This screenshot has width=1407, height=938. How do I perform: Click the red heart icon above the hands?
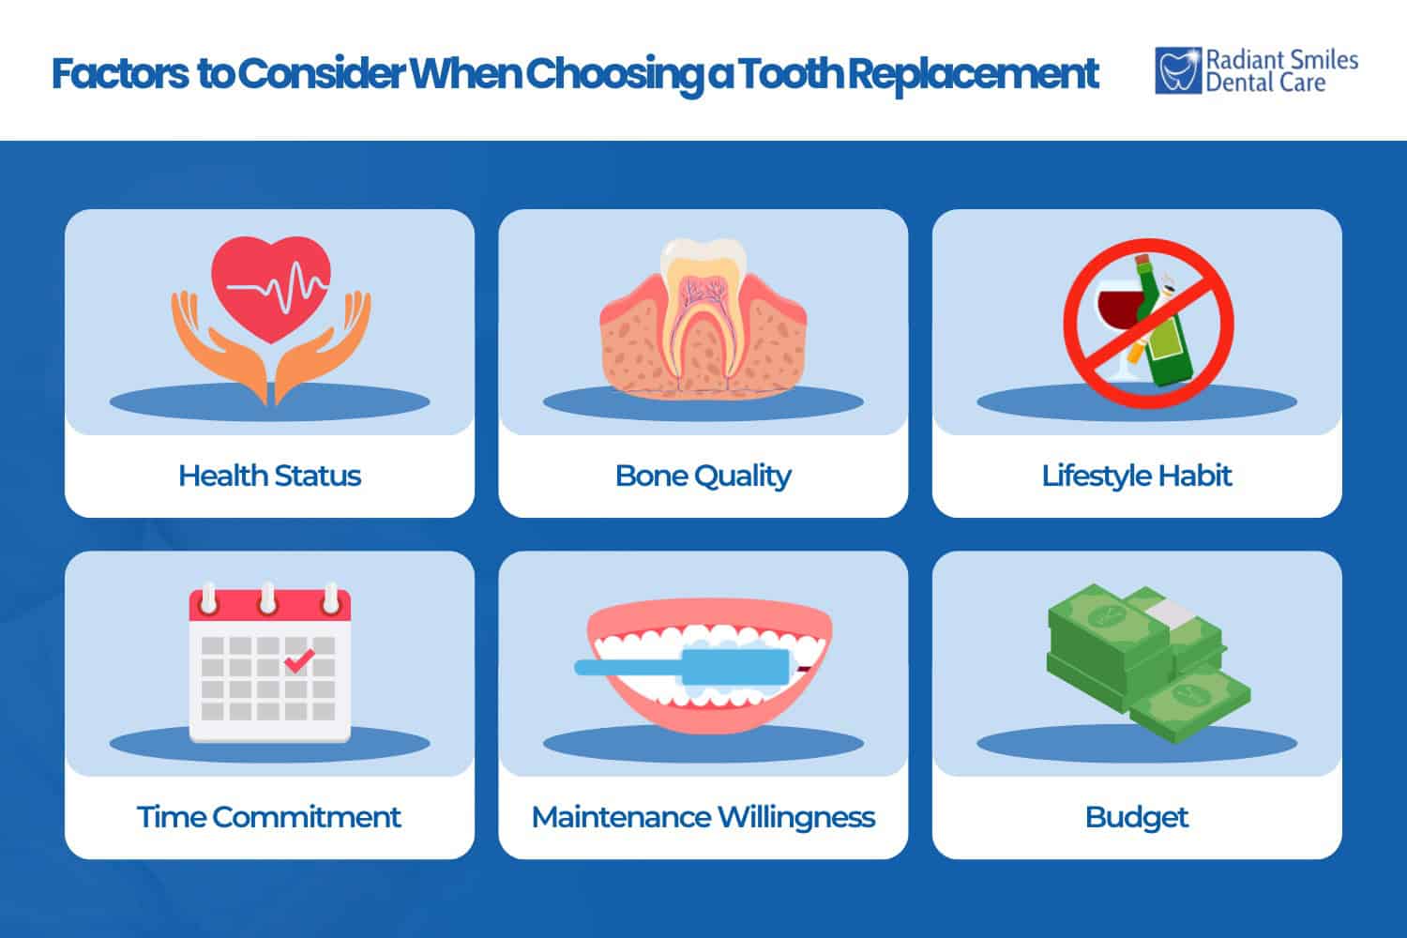click(270, 286)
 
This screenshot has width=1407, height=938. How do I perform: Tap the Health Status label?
click(269, 476)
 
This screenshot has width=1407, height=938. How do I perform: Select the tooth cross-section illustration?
click(703, 314)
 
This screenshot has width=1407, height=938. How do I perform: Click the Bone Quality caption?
click(703, 476)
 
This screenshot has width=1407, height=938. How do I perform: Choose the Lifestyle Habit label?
click(1136, 476)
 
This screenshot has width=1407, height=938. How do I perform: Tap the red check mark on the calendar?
click(298, 661)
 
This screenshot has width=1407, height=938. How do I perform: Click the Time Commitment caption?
click(269, 817)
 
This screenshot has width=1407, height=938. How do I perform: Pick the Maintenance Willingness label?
click(703, 817)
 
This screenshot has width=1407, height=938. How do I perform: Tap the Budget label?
click(1136, 817)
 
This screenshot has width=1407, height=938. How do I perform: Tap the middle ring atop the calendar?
click(269, 598)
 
